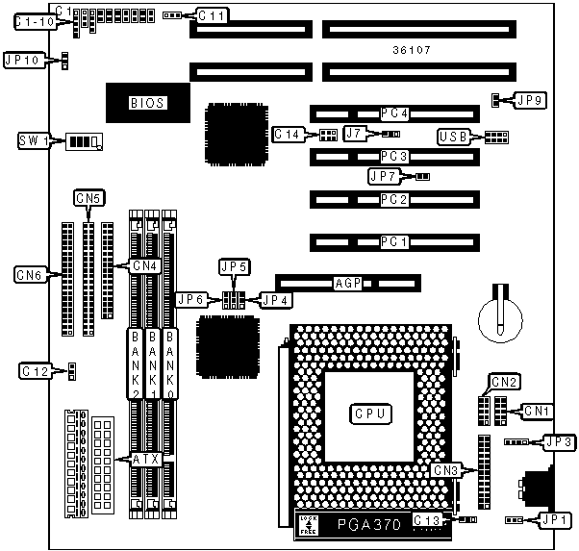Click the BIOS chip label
147,102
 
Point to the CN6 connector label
29,275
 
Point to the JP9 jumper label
530,98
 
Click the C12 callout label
34,370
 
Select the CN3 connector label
444,470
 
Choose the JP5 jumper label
234,266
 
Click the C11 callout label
211,15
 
